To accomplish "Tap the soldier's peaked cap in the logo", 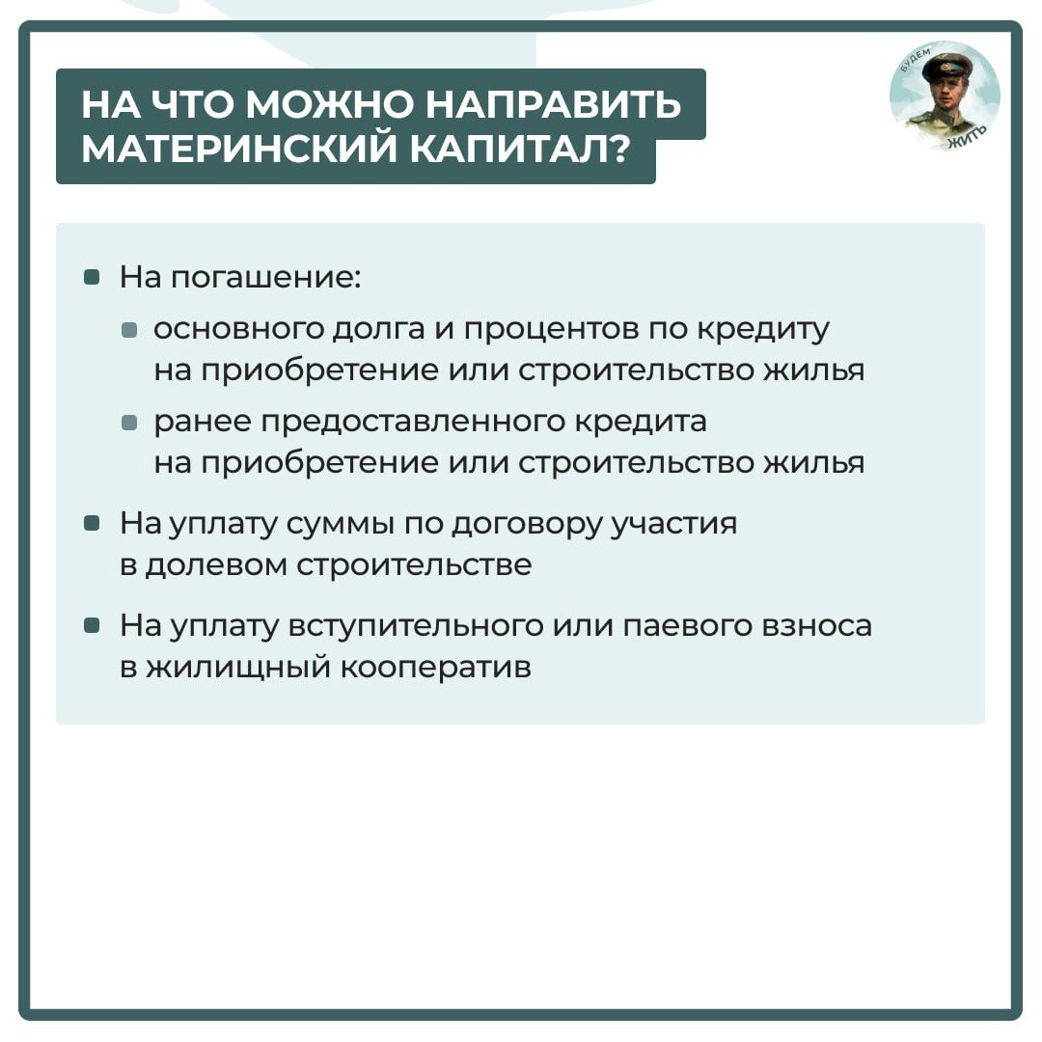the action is [x=947, y=66].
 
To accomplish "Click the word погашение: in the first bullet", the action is [x=266, y=278].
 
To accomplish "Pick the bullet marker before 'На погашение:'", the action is [x=92, y=277].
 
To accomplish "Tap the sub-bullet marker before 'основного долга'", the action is [x=129, y=330].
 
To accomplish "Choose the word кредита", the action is [x=641, y=423].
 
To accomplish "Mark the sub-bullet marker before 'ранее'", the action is [x=129, y=423].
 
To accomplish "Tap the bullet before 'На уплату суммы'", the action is [x=92, y=524].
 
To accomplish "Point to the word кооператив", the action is [x=436, y=669].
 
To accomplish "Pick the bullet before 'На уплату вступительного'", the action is [x=92, y=625].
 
